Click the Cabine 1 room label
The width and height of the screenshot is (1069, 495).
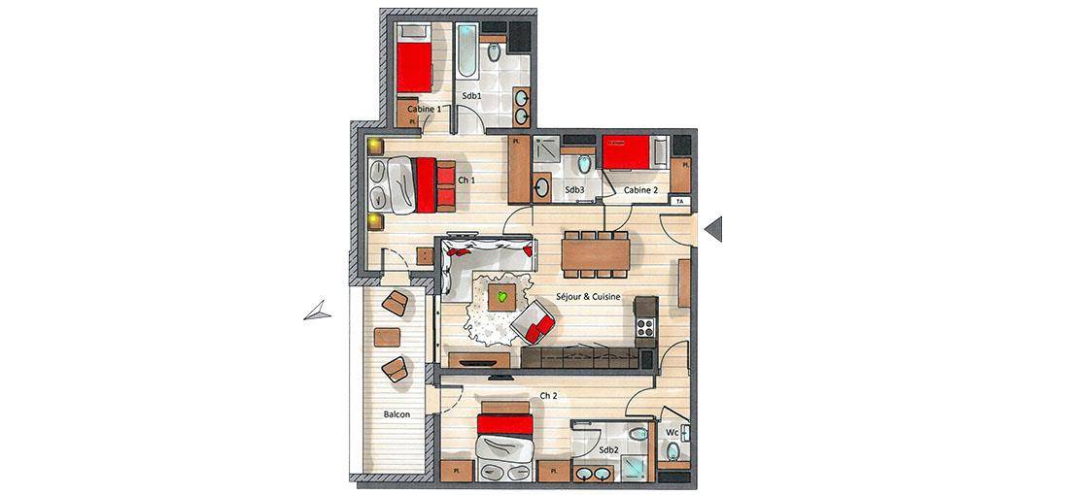424,109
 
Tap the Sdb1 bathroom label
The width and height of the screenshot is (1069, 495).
471,97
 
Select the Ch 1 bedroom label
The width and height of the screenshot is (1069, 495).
467,181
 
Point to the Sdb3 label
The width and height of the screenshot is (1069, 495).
574,190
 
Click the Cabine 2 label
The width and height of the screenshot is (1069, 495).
640,190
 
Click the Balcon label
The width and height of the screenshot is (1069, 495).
397,413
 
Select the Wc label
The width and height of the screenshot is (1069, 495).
672,432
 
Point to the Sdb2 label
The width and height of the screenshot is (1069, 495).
608,450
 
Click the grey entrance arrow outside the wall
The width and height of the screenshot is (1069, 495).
714,229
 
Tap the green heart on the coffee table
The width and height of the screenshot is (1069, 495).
502,297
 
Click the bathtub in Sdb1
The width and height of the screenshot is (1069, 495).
467,50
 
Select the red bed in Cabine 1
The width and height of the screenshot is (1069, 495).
415,67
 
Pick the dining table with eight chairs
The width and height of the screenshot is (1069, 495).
596,254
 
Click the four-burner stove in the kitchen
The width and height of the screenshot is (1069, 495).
644,327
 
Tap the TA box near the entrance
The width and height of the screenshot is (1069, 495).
679,202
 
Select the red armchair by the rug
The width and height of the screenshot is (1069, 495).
534,323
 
